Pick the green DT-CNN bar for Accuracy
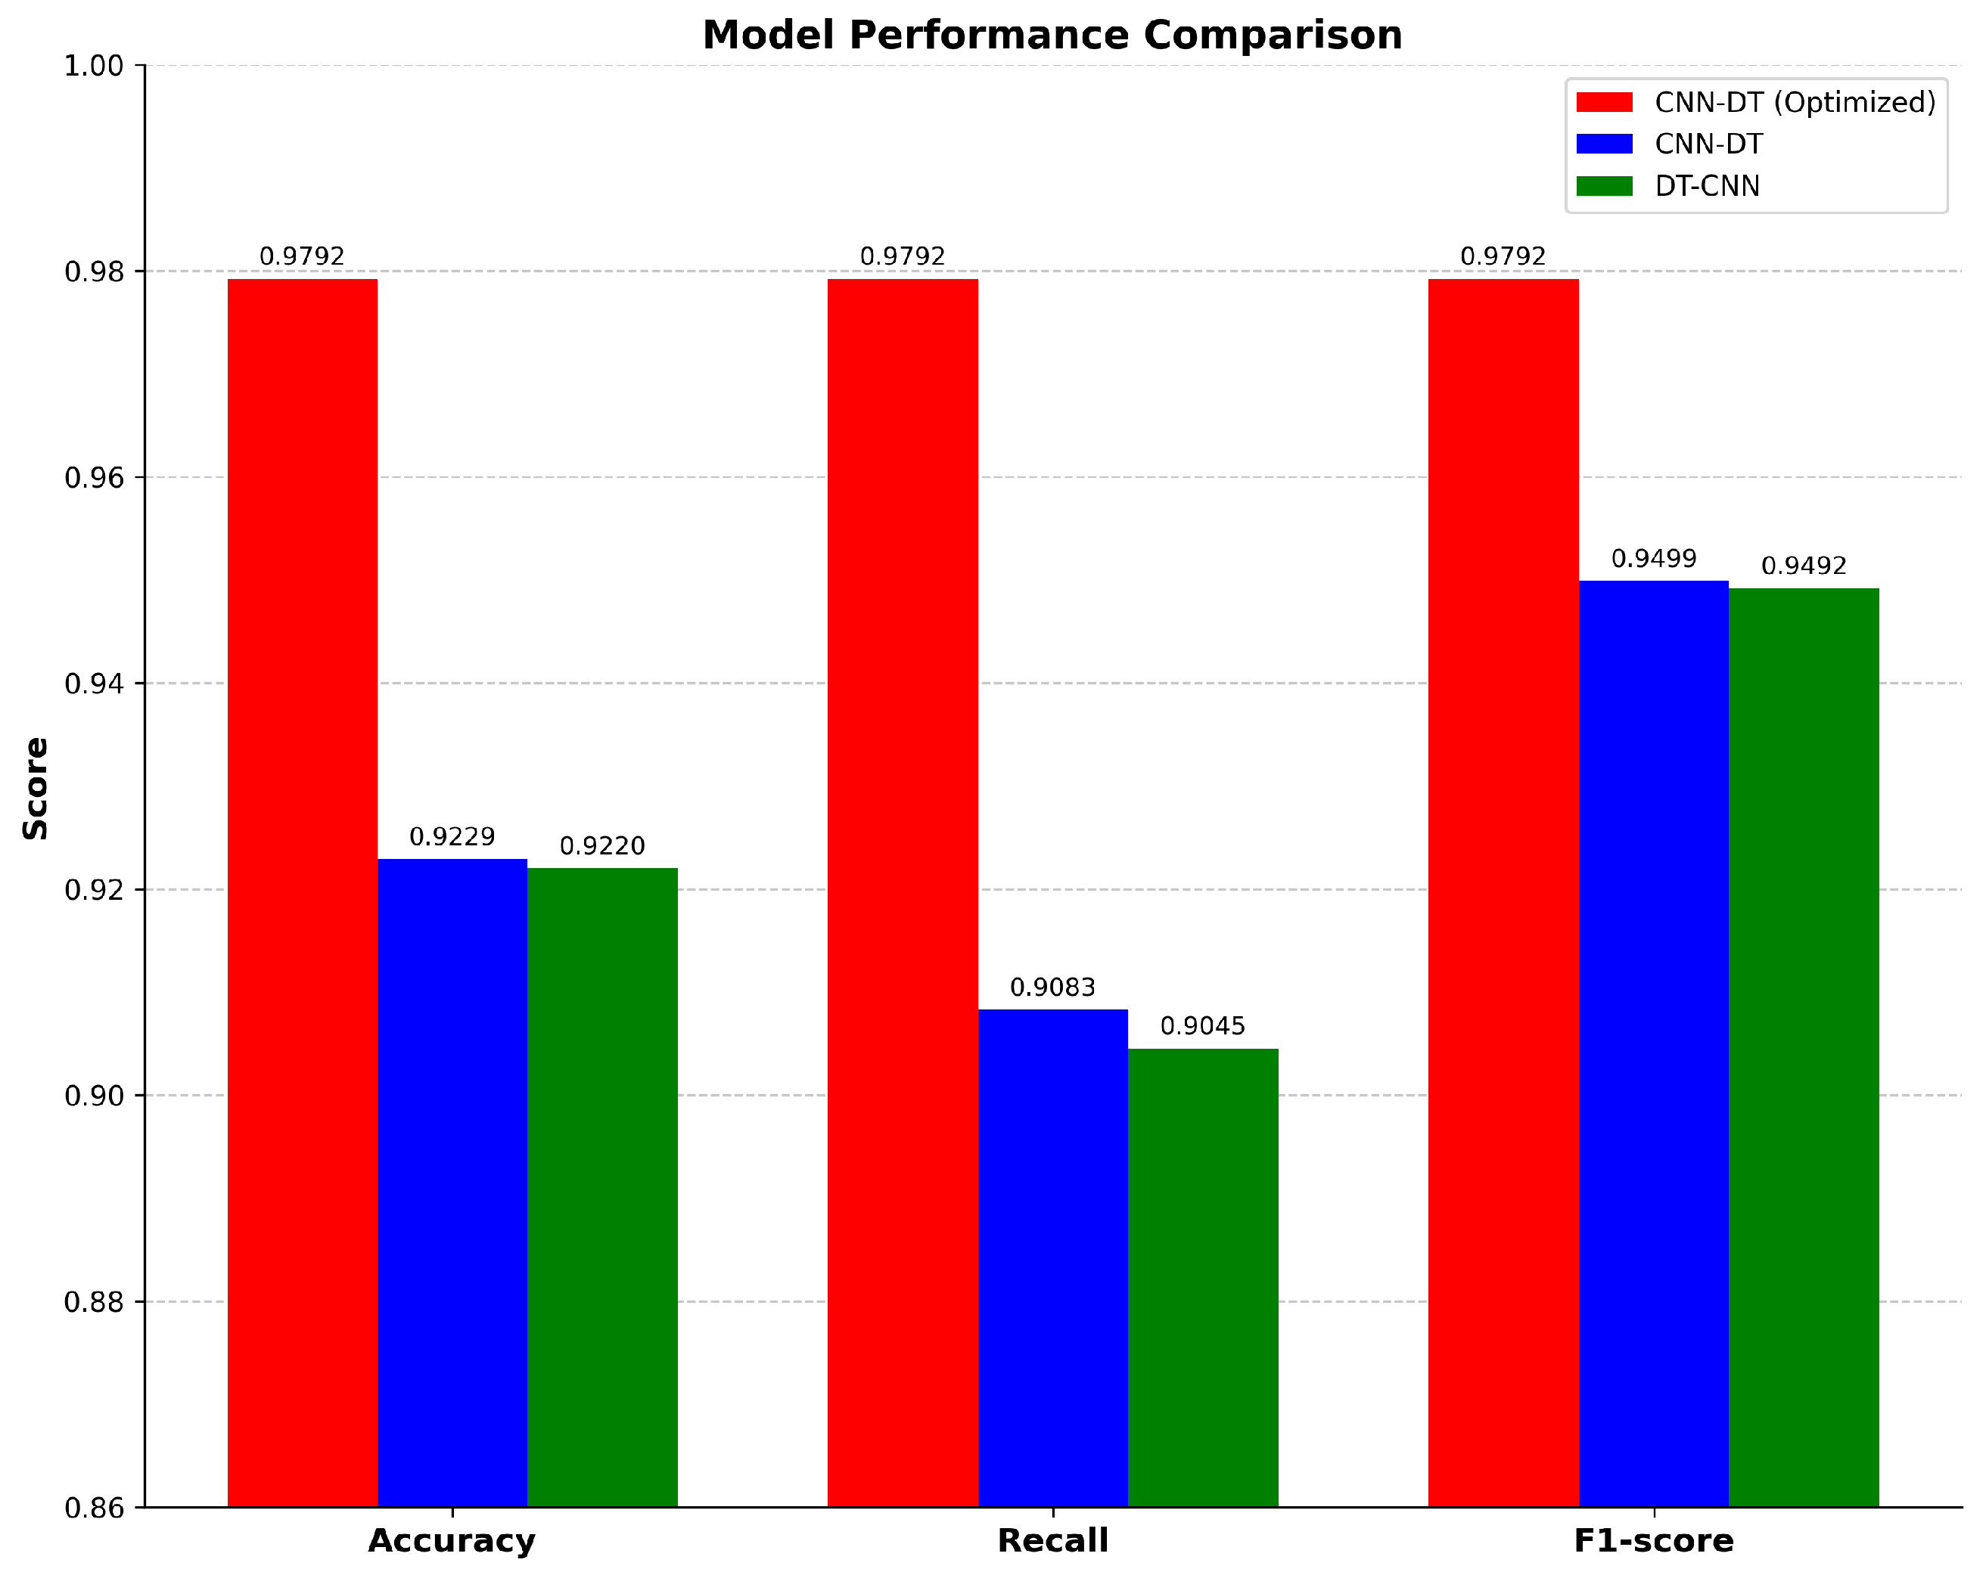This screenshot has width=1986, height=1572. tap(602, 1186)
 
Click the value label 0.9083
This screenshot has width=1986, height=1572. tap(1052, 988)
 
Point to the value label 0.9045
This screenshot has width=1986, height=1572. tap(1202, 1026)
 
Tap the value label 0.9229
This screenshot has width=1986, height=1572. tap(452, 836)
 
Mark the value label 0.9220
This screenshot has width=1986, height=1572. tap(602, 846)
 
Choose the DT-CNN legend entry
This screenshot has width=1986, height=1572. tap(1706, 186)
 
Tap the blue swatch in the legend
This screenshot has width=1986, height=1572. tap(1604, 144)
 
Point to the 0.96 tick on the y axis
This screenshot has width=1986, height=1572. tap(94, 478)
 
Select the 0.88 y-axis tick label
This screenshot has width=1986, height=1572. tap(94, 1302)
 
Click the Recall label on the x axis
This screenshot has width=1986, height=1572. tap(1052, 1541)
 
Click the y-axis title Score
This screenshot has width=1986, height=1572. tap(36, 788)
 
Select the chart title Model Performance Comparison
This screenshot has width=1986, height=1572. tap(1052, 35)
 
